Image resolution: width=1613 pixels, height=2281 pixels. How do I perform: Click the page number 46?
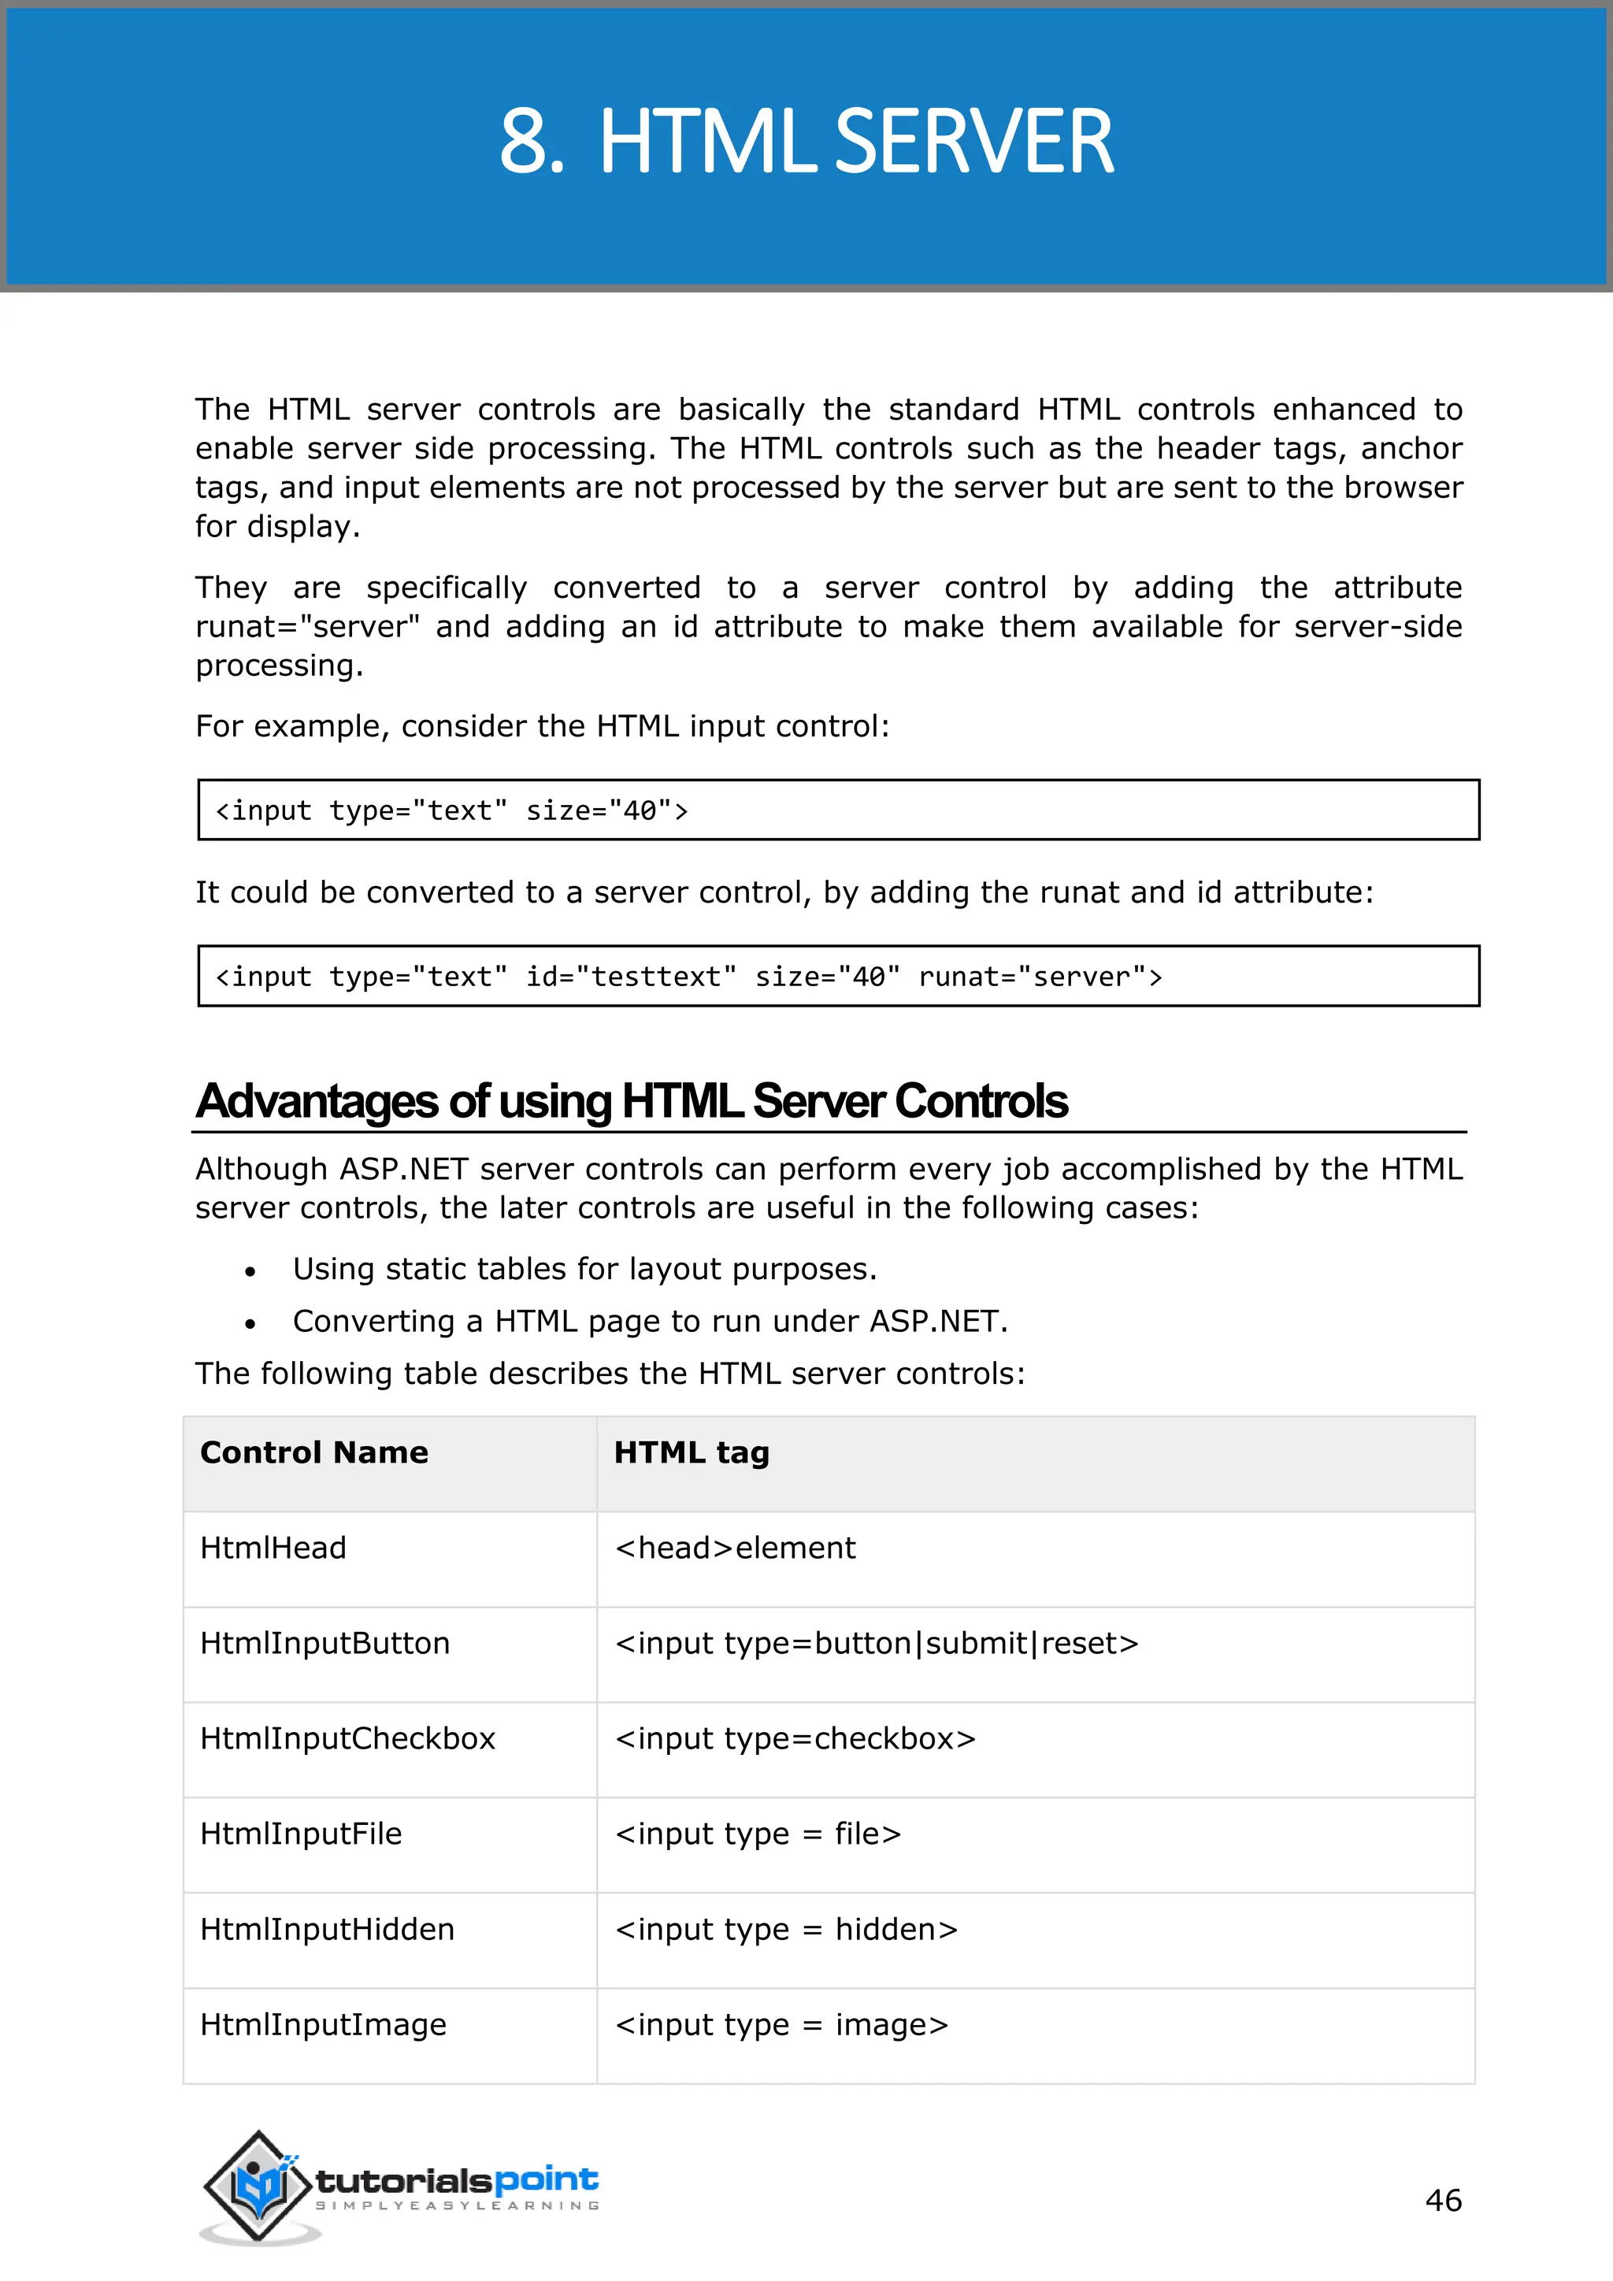pos(1442,2200)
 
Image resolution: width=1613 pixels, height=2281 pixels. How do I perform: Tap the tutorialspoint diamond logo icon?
pos(258,2186)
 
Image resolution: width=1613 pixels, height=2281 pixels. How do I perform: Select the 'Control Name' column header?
pos(314,1452)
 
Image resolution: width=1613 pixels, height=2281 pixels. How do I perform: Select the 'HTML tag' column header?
pos(692,1452)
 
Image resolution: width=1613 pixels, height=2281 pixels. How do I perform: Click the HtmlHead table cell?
pos(273,1548)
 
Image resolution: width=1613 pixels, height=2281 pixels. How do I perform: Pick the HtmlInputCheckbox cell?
pos(347,1738)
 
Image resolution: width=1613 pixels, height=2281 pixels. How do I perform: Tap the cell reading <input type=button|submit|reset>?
pos(876,1643)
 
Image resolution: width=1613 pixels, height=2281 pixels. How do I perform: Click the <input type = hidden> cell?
pos(786,1929)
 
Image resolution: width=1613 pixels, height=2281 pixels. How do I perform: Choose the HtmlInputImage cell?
pos(323,2025)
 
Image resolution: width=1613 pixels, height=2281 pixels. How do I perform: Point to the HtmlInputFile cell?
pos(301,1834)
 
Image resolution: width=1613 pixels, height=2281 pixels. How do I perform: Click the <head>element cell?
pos(735,1548)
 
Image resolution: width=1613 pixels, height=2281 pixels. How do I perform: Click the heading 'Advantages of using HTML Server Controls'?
pos(632,1101)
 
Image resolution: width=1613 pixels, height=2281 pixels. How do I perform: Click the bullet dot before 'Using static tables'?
pos(250,1271)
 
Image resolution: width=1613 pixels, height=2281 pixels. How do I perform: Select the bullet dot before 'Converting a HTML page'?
pos(250,1323)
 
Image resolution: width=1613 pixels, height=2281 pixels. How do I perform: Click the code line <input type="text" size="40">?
pos(452,810)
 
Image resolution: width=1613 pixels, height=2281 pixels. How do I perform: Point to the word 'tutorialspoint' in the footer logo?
pos(457,2181)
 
